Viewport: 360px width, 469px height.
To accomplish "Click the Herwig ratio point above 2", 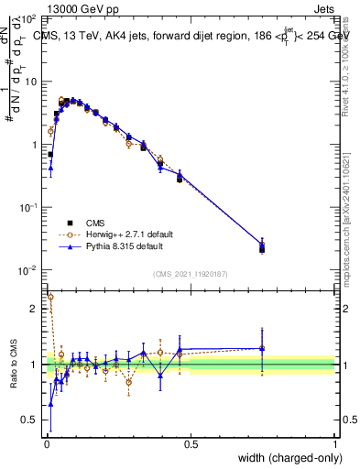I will pos(50,297).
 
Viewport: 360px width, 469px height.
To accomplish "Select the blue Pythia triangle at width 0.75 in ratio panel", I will pos(262,348).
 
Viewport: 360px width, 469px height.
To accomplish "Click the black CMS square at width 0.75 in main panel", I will pos(262,248).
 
